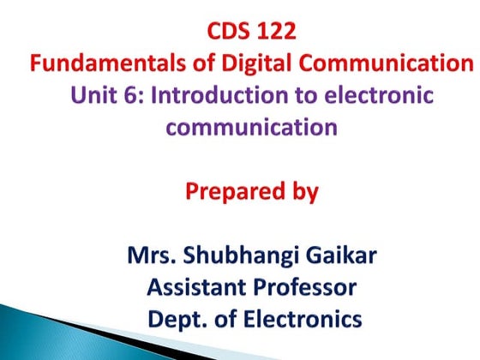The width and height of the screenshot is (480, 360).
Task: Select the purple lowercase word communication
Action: [251, 128]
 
